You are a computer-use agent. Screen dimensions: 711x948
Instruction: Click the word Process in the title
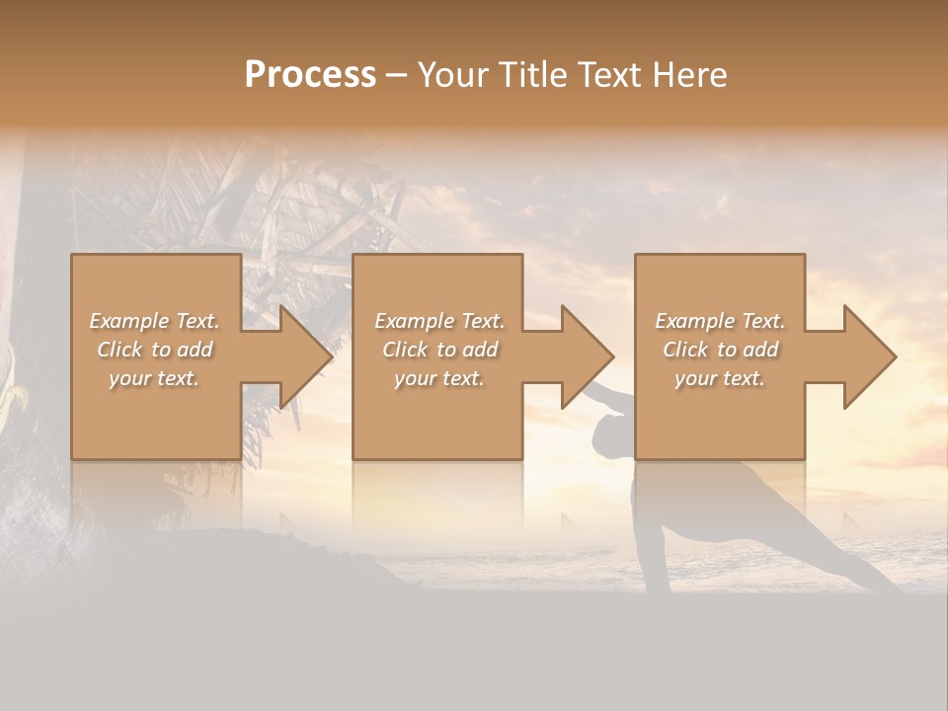(310, 75)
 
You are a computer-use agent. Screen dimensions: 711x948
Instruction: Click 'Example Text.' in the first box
(154, 321)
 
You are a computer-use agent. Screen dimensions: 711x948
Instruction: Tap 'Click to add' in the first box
(154, 350)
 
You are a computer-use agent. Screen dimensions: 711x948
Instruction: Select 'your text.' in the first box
(154, 378)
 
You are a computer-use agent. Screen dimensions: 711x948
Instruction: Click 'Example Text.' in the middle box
(438, 321)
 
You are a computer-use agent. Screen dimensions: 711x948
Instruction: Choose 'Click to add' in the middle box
(438, 350)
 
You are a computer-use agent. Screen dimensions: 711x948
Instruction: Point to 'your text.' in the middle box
(438, 378)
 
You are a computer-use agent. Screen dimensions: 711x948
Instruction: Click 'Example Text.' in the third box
(720, 321)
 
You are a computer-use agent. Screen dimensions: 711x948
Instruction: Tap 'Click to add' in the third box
(720, 350)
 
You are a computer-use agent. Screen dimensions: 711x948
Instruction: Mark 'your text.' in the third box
(720, 378)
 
